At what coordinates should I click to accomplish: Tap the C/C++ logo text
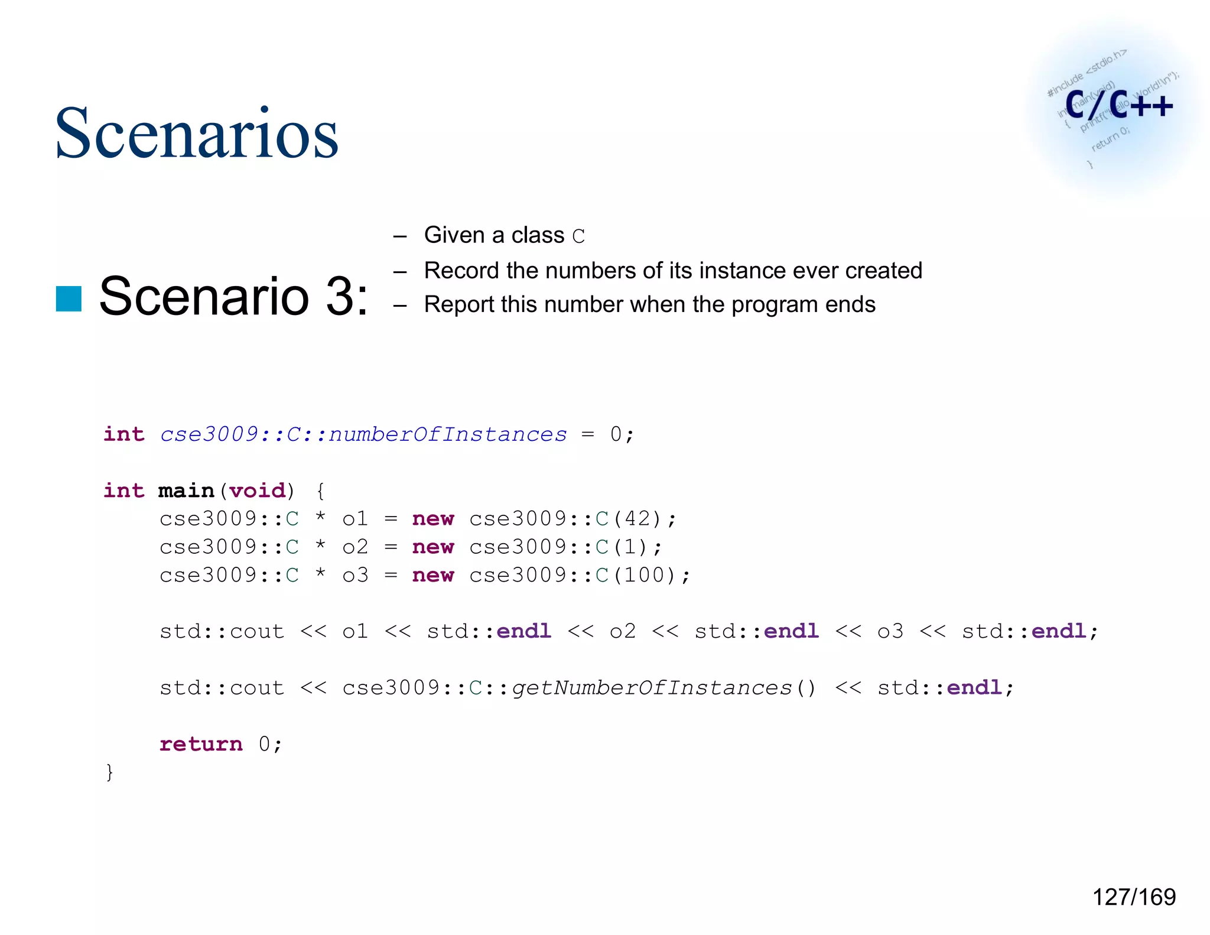1118,105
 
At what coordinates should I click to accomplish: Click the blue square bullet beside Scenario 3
69,298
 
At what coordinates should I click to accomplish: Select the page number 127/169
1134,897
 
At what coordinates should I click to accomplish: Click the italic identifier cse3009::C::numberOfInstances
363,434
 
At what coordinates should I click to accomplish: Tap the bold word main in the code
186,491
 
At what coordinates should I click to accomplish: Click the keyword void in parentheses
257,491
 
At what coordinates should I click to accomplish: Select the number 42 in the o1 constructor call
637,519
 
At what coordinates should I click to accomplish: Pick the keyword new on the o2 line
433,547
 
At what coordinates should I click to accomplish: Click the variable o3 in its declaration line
355,575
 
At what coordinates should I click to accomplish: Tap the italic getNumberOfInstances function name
652,688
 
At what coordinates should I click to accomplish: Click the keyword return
201,744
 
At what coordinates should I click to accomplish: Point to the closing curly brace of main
109,772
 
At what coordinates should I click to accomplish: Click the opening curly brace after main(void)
320,491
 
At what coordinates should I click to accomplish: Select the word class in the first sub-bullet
538,235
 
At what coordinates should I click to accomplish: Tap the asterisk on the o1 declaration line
320,517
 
